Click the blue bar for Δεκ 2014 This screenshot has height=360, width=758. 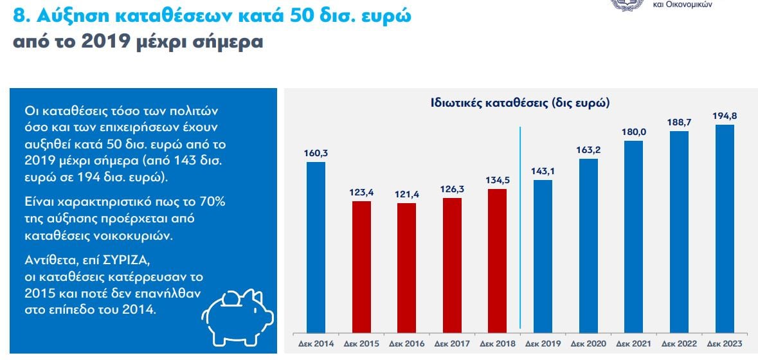(x=316, y=246)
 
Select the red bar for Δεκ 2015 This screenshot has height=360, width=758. (x=361, y=266)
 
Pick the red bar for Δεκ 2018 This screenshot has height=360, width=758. (x=497, y=260)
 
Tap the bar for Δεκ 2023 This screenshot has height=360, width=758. (x=725, y=228)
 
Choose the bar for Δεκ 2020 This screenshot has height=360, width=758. (x=588, y=244)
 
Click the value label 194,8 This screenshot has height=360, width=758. (x=725, y=116)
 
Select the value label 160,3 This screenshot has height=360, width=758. (x=316, y=153)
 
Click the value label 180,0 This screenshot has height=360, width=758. (x=633, y=132)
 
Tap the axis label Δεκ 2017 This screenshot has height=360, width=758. (x=452, y=344)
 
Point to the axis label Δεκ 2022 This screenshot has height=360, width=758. (x=679, y=344)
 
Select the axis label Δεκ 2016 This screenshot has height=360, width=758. (x=406, y=344)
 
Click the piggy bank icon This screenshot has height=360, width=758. (x=238, y=315)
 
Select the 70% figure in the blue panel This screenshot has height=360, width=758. (x=210, y=201)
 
